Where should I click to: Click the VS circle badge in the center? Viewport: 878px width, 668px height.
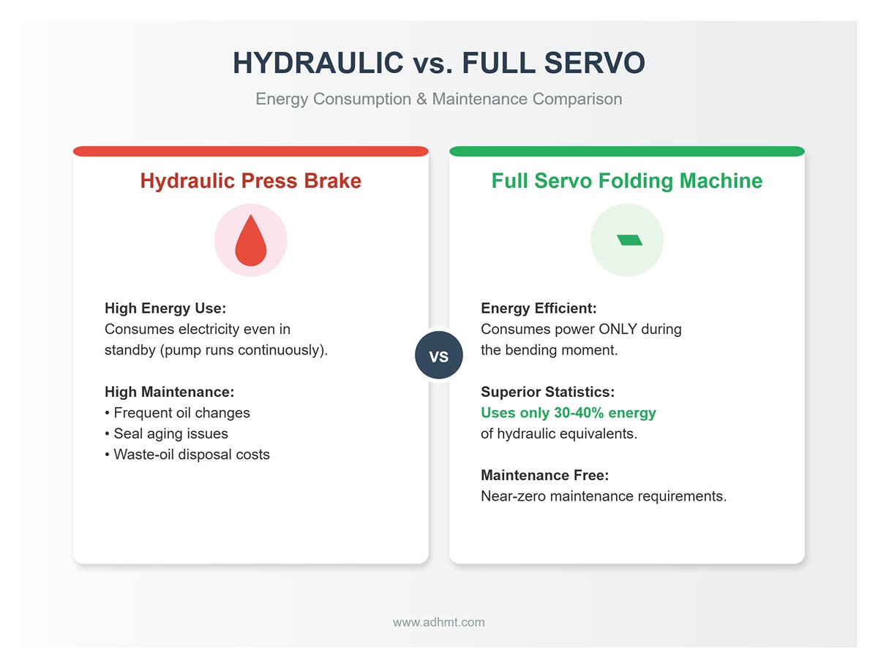pyautogui.click(x=438, y=357)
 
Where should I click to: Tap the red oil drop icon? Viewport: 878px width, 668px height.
pyautogui.click(x=250, y=241)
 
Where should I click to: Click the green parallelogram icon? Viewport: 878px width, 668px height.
pyautogui.click(x=629, y=240)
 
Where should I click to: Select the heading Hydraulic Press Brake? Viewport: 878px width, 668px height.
pyautogui.click(x=250, y=181)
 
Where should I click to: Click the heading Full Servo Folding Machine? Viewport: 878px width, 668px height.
pyautogui.click(x=627, y=181)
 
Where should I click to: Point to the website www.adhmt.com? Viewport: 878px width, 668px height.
pyautogui.click(x=438, y=623)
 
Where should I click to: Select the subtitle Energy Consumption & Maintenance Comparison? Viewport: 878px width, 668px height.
pyautogui.click(x=438, y=99)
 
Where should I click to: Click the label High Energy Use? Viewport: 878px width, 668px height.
pyautogui.click(x=165, y=308)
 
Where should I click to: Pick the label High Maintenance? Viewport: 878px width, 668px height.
pyautogui.click(x=169, y=392)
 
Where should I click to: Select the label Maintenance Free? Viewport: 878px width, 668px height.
pyautogui.click(x=544, y=476)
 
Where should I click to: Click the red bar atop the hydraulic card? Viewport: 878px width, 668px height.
pyautogui.click(x=250, y=151)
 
